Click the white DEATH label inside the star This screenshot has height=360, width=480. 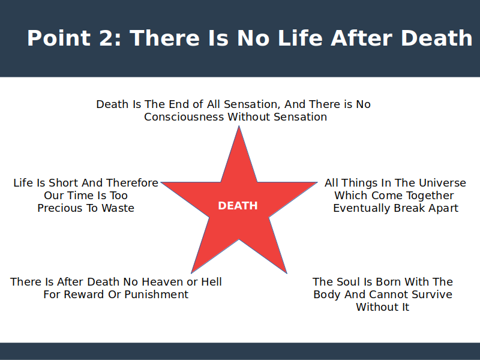[x=238, y=206]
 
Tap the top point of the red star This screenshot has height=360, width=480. [x=239, y=126]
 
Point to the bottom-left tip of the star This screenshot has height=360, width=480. [x=191, y=273]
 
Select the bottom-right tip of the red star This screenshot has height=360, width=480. [x=287, y=273]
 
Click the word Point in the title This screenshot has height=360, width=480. [x=58, y=38]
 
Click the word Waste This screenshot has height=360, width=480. [x=118, y=208]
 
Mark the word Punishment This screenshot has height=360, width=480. [x=157, y=295]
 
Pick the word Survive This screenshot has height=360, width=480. [x=432, y=295]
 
